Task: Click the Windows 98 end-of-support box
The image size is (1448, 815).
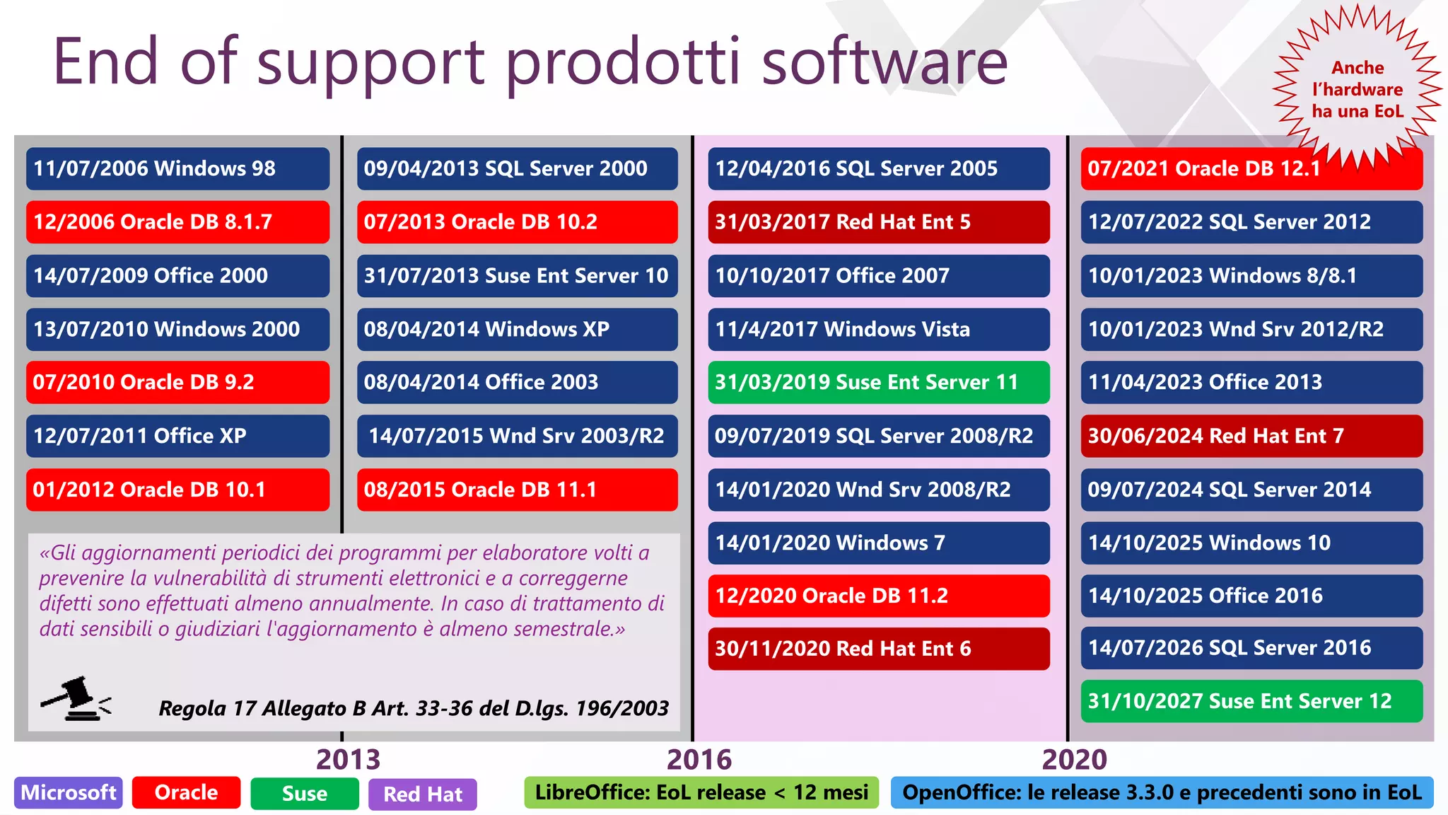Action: (x=177, y=168)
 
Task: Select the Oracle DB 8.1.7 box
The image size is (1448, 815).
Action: (x=177, y=222)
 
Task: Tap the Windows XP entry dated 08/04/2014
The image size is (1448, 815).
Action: (x=517, y=329)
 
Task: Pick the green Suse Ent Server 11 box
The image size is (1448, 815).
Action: (x=878, y=383)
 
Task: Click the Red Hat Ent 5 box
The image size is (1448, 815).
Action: (x=878, y=222)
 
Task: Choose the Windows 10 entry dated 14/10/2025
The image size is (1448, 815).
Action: (x=1251, y=543)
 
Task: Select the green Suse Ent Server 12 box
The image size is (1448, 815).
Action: (x=1251, y=701)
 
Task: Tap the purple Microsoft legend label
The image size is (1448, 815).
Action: (x=68, y=792)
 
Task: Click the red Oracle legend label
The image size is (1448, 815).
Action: (x=186, y=792)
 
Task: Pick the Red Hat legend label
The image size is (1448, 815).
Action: (x=422, y=794)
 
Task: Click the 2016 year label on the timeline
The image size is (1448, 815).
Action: (x=699, y=759)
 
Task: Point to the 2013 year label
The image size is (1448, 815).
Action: (x=348, y=759)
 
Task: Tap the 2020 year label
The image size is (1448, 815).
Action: (x=1074, y=759)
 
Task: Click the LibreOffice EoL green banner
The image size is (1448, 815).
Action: (x=701, y=792)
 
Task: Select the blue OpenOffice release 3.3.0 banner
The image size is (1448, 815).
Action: (x=1162, y=792)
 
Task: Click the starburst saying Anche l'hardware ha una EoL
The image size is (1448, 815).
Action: (x=1357, y=89)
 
